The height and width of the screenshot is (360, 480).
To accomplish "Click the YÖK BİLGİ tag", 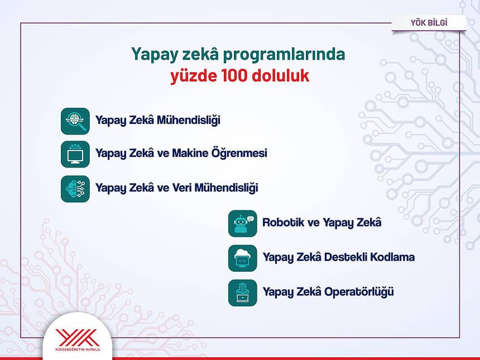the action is [429, 23].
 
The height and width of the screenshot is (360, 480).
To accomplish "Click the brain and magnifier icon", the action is [75, 121].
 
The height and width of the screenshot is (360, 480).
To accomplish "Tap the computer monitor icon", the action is [75, 154].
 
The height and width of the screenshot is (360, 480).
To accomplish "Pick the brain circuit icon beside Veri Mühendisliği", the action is [75, 189].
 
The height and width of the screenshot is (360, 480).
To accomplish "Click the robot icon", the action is [242, 223].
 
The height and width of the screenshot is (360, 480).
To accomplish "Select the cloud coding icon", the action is [242, 258].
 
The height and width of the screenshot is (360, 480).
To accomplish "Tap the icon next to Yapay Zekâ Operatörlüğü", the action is [242, 292].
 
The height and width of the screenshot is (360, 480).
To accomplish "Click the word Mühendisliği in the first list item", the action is [189, 120].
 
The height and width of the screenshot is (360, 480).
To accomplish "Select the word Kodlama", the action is [392, 257].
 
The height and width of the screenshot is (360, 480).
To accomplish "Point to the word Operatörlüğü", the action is [359, 292].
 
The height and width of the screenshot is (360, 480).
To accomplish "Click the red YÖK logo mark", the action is [77, 338].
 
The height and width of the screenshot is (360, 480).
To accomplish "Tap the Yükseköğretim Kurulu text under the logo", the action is [78, 349].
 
